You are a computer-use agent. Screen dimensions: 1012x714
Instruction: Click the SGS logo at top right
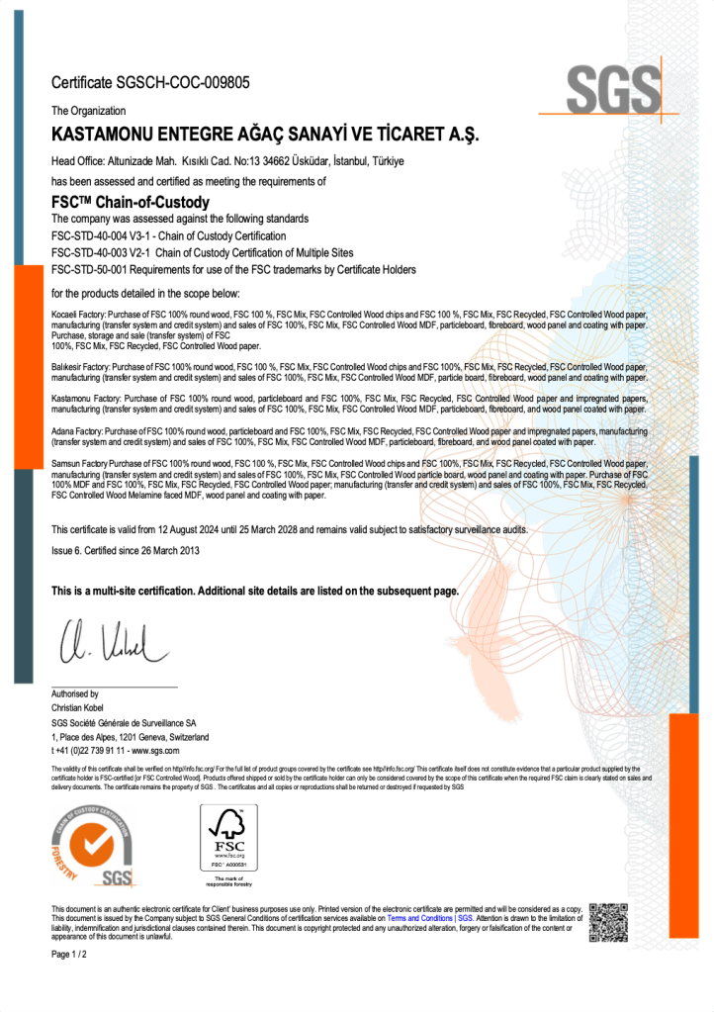(x=613, y=90)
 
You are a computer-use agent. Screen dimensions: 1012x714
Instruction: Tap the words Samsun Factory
(x=81, y=463)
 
